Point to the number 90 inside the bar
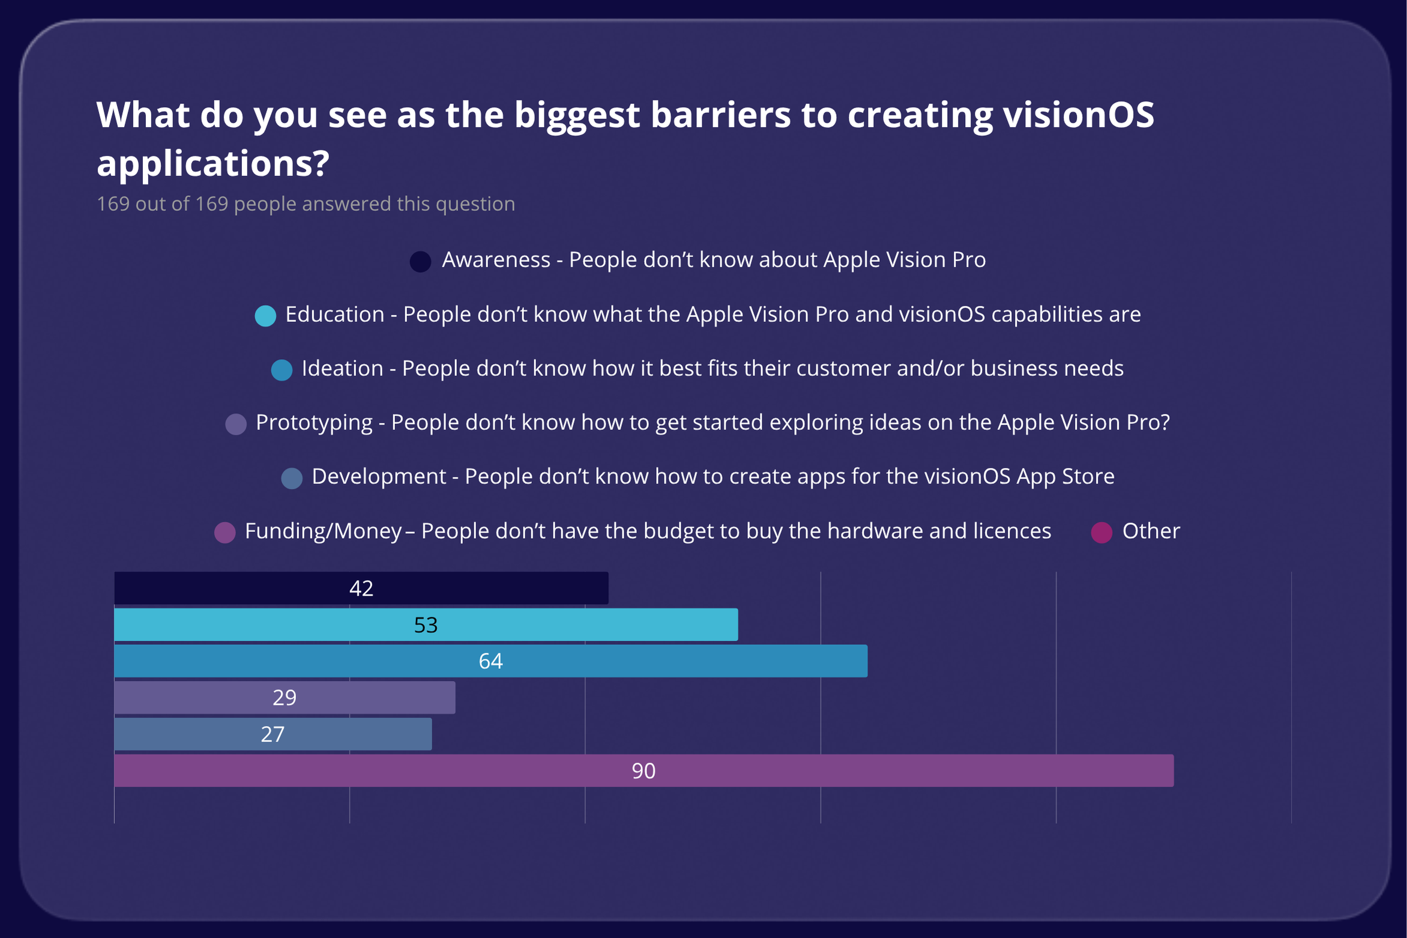(x=643, y=770)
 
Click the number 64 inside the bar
(x=490, y=661)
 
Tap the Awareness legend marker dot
(x=420, y=261)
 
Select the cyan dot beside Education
(x=265, y=315)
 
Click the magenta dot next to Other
(x=1101, y=532)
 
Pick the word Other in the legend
(x=1151, y=531)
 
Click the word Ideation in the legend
(x=342, y=368)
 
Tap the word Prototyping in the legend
(x=314, y=423)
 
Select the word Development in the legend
(x=379, y=477)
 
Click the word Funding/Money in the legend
(x=323, y=531)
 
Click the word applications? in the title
(x=213, y=163)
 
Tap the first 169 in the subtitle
(x=113, y=204)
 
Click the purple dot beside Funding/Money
(x=224, y=532)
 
